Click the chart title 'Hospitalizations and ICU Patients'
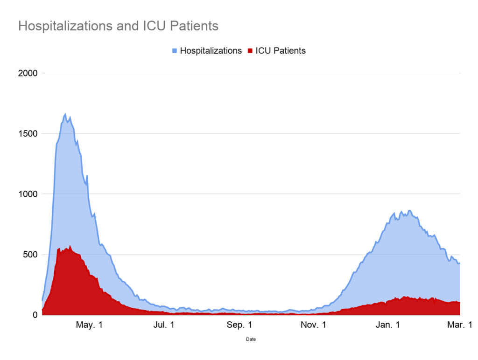(x=118, y=26)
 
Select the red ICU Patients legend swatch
(x=250, y=50)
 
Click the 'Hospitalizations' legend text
(x=211, y=50)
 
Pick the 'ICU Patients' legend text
(x=280, y=50)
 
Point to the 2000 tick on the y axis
(x=28, y=73)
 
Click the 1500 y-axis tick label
(x=28, y=134)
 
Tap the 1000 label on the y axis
(x=28, y=194)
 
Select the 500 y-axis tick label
(x=31, y=255)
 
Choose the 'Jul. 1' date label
(x=163, y=325)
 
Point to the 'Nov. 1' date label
(x=314, y=325)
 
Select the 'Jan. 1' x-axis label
(x=388, y=325)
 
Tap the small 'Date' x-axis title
(x=251, y=339)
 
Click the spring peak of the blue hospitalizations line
(x=65, y=114)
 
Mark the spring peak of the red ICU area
(x=70, y=246)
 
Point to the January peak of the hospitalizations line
(x=409, y=211)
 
